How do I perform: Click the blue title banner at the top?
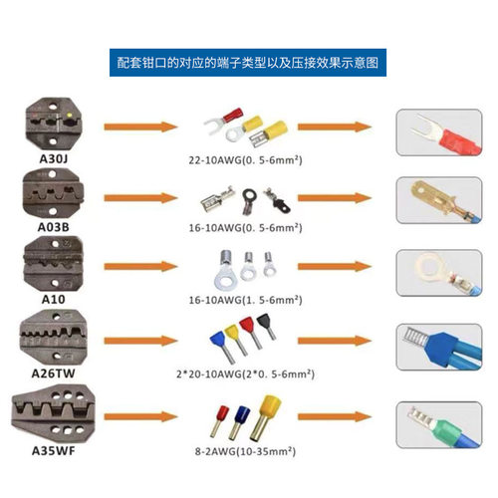coord(248,63)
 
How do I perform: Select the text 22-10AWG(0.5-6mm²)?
coord(245,156)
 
